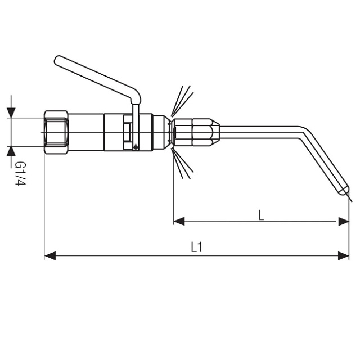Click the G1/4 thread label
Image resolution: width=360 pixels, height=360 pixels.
pos(20,173)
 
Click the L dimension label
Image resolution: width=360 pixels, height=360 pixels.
pos(261,215)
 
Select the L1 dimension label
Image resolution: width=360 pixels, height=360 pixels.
pos(196,247)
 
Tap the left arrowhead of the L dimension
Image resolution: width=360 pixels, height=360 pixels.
pos(179,221)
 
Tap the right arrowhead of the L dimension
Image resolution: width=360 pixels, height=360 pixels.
pos(344,221)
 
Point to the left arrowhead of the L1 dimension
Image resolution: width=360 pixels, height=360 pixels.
pos(50,255)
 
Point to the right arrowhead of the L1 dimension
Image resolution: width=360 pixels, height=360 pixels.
pos(344,255)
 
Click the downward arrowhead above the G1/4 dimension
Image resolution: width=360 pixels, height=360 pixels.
pos(11,112)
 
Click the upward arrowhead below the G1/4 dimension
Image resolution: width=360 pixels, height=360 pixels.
pos(11,151)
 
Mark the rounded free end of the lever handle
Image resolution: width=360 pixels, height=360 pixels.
pos(58,61)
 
